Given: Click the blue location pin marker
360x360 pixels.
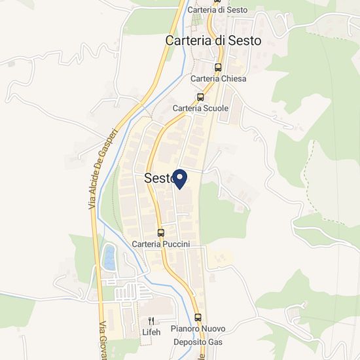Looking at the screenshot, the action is click(179, 178).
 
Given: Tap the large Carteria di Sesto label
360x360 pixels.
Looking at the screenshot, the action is click(213, 41).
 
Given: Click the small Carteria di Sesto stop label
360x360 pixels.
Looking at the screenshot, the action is click(217, 10).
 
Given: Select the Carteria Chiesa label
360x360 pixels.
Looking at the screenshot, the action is click(218, 79).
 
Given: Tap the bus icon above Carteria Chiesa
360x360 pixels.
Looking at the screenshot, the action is click(219, 66).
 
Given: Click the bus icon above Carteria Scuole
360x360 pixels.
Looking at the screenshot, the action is click(200, 96).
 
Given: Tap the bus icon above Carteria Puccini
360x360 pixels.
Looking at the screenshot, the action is click(161, 232).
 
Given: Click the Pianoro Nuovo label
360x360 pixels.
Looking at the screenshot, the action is click(198, 329).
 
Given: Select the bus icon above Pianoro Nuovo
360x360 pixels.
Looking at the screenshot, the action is click(198, 317).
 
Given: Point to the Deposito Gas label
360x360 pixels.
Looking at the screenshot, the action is click(198, 342).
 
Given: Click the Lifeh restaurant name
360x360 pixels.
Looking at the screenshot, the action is click(151, 332).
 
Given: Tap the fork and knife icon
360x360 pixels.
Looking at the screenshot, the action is click(151, 321).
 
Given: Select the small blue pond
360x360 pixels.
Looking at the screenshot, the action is click(109, 257).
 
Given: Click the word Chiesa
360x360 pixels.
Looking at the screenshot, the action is click(234, 79).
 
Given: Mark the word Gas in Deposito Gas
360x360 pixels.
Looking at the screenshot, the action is click(215, 342).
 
